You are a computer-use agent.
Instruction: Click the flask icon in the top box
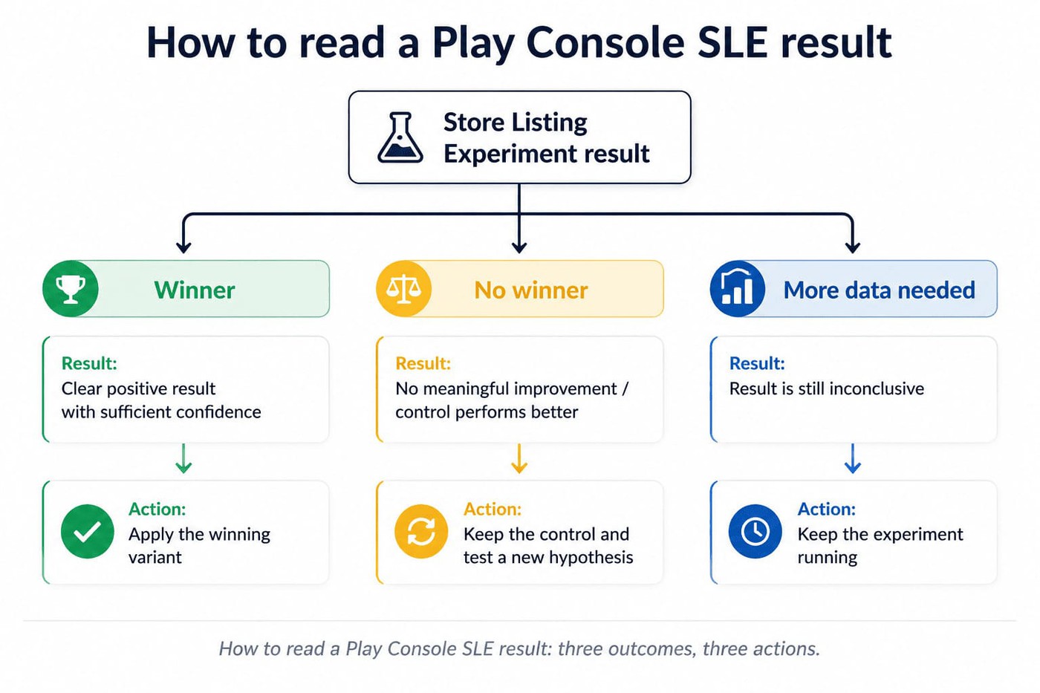pyautogui.click(x=400, y=137)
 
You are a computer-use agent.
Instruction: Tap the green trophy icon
pyautogui.click(x=71, y=289)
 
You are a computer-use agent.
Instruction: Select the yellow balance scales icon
pyautogui.click(x=404, y=289)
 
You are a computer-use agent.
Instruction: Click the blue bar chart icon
pyautogui.click(x=738, y=289)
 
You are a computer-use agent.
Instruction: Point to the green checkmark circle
pyautogui.click(x=88, y=531)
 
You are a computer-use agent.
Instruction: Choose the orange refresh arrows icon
pyautogui.click(x=421, y=531)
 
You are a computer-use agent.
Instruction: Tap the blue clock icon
pyautogui.click(x=755, y=531)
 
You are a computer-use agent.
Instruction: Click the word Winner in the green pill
pyautogui.click(x=195, y=290)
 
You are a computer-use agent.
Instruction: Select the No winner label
pyautogui.click(x=531, y=290)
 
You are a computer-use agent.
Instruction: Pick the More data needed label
pyautogui.click(x=880, y=290)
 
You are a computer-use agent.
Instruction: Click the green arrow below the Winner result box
pyautogui.click(x=184, y=458)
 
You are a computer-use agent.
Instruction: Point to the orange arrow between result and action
pyautogui.click(x=519, y=458)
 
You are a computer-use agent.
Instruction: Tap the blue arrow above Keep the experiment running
pyautogui.click(x=853, y=458)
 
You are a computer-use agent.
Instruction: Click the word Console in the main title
pyautogui.click(x=606, y=42)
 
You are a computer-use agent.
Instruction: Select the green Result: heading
pyautogui.click(x=89, y=363)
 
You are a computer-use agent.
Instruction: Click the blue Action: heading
pyautogui.click(x=826, y=510)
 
